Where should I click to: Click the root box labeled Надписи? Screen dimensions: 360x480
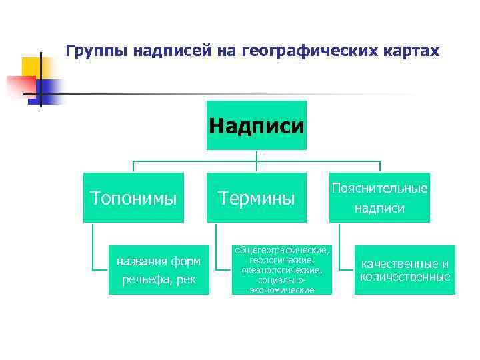(x=257, y=126)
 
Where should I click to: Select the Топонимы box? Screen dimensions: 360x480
(x=133, y=197)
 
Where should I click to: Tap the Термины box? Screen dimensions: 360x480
(x=257, y=197)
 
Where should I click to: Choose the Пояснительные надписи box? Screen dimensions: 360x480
(x=379, y=197)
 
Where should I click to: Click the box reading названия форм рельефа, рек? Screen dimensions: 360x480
(x=159, y=269)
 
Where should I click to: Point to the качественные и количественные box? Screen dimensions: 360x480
(x=405, y=269)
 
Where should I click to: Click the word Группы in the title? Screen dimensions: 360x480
(x=97, y=51)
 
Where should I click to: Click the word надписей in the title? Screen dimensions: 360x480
(x=171, y=51)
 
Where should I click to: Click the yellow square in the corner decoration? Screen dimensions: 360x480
(x=33, y=67)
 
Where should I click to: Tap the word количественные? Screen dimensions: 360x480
(x=405, y=277)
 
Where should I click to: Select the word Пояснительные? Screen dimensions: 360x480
(x=379, y=189)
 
